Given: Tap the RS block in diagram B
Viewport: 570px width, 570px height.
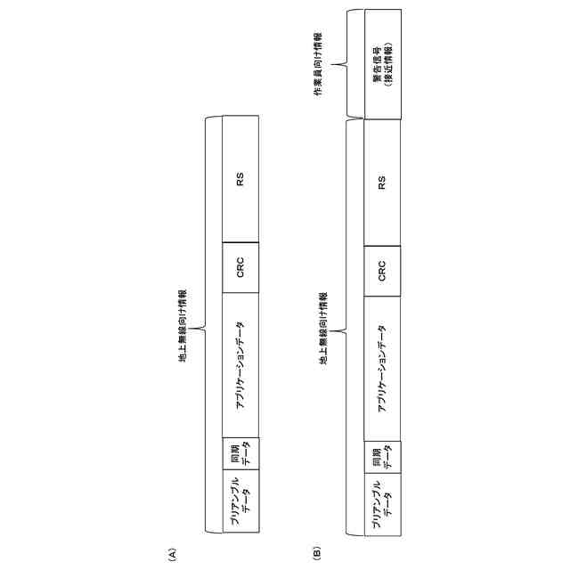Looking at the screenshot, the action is (382, 183).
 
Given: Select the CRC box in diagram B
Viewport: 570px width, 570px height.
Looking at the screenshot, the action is (382, 271).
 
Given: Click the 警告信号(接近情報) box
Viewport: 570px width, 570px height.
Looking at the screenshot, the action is (382, 64).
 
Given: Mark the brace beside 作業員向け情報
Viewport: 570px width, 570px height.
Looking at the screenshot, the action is (342, 64).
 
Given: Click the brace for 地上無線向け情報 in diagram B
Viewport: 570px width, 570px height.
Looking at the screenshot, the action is (347, 330).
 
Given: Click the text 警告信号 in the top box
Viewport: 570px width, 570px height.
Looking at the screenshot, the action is (377, 64).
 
